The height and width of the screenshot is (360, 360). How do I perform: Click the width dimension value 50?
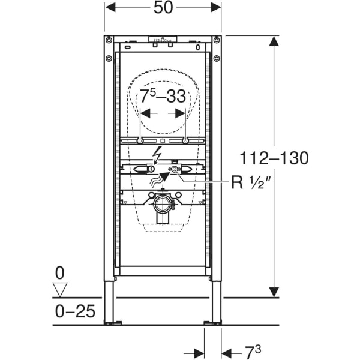click(163, 8)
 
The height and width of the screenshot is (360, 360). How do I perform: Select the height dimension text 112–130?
click(274, 158)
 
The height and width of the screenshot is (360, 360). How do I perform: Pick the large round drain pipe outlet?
click(163, 205)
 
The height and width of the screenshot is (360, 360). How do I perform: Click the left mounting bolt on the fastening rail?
click(140, 141)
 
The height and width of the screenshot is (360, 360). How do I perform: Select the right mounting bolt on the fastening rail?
click(185, 141)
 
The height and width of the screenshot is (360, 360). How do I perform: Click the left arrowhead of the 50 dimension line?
click(110, 8)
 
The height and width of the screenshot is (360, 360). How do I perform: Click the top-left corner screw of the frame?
click(109, 40)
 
